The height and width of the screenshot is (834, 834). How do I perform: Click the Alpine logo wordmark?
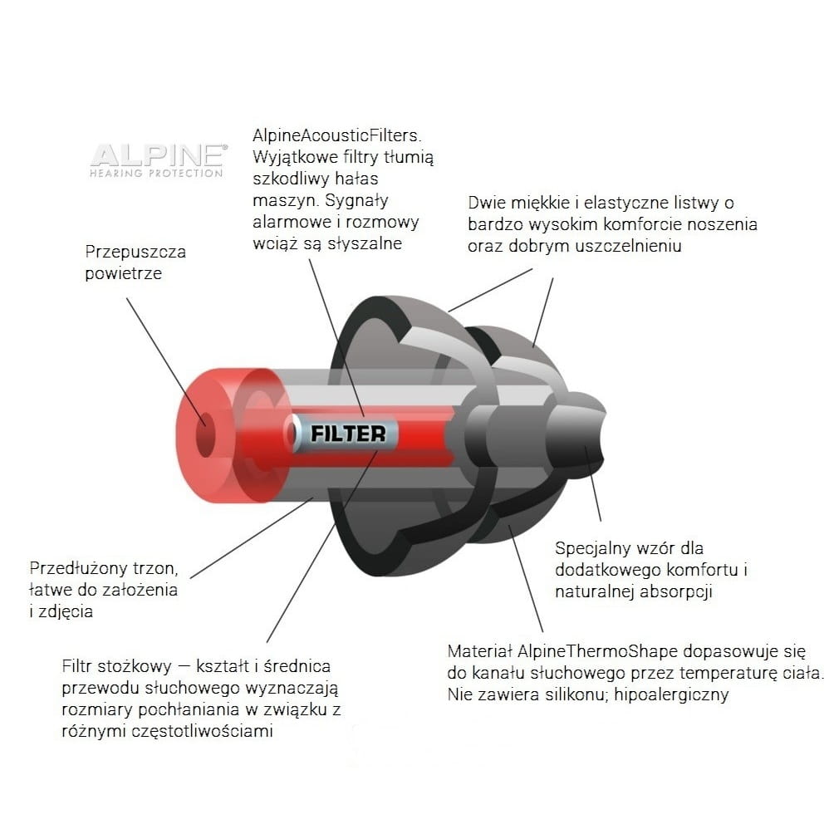pyautogui.click(x=159, y=155)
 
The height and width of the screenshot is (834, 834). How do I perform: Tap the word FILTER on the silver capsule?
pyautogui.click(x=348, y=434)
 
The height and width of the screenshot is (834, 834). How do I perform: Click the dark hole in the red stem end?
pyautogui.click(x=205, y=434)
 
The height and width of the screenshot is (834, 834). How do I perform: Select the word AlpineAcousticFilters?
pyautogui.click(x=337, y=135)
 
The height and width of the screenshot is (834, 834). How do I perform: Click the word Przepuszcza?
pyautogui.click(x=135, y=253)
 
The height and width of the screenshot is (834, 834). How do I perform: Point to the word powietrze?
pyautogui.click(x=124, y=273)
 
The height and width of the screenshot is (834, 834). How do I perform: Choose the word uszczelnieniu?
pyautogui.click(x=628, y=246)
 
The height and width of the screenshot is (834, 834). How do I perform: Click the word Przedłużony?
pyautogui.click(x=79, y=568)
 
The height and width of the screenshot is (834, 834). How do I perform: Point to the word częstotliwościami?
pyautogui.click(x=202, y=731)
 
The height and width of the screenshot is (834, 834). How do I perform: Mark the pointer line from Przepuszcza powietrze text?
pyautogui.click(x=165, y=361)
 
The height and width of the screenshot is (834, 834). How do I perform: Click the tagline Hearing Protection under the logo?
pyautogui.click(x=156, y=174)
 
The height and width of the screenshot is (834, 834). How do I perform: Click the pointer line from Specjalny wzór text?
pyautogui.click(x=593, y=483)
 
